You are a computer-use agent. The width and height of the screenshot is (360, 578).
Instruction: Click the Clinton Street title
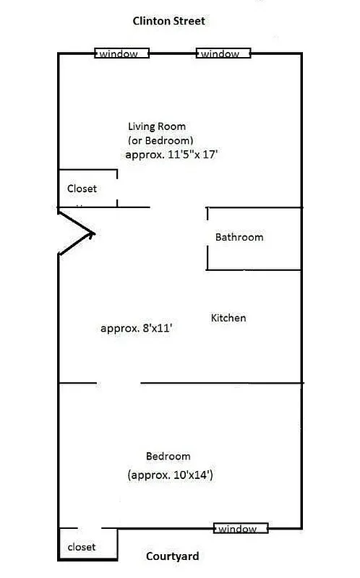(x=168, y=21)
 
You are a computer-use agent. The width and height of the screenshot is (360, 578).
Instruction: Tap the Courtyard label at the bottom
(x=172, y=556)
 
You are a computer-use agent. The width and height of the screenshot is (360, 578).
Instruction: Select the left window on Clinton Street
(x=121, y=53)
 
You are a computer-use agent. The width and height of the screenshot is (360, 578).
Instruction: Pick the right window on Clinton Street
(x=223, y=53)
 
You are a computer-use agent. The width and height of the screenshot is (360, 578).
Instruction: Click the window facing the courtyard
(x=241, y=529)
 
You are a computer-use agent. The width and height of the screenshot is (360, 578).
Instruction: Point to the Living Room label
(x=157, y=126)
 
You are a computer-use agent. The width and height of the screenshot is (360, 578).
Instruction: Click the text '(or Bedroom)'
(x=160, y=140)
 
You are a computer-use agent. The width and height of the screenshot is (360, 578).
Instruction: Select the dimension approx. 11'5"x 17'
(x=172, y=155)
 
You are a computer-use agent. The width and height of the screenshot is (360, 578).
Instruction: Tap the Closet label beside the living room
(x=82, y=189)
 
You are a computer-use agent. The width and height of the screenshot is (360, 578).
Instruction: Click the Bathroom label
(x=239, y=237)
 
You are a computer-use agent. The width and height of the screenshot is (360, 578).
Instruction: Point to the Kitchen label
(x=228, y=318)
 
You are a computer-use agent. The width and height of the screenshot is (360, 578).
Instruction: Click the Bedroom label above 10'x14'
(x=168, y=456)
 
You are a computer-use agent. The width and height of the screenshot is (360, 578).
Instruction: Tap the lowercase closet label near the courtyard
(x=81, y=547)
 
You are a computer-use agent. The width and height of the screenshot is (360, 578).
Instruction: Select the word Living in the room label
(x=142, y=126)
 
